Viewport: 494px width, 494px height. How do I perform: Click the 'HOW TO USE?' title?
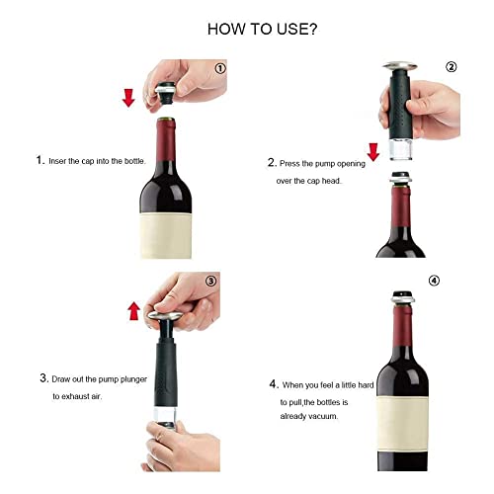[262, 29]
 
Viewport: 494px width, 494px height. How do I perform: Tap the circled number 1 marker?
[220, 68]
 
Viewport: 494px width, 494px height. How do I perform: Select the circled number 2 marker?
[452, 67]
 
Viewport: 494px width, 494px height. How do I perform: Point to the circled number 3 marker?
[211, 281]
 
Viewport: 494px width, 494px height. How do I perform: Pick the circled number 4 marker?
[434, 281]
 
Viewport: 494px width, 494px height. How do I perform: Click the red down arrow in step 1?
[128, 98]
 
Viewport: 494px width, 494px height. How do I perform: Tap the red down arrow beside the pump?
[373, 152]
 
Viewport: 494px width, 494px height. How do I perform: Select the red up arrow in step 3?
[133, 311]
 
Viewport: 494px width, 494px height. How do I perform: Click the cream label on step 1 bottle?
[166, 235]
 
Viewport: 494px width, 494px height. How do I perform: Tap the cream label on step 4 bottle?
[402, 423]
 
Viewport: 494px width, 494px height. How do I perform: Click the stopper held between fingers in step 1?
[167, 93]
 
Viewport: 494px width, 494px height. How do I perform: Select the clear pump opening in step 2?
[401, 149]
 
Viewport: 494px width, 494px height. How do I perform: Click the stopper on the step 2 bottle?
[399, 178]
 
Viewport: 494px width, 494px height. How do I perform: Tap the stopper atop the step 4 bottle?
[402, 297]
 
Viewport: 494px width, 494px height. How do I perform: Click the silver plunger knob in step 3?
[165, 316]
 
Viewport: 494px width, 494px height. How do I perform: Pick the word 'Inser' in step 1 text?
[57, 161]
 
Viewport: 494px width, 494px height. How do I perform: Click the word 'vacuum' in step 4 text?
[324, 416]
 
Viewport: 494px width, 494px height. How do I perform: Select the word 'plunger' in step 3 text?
[133, 379]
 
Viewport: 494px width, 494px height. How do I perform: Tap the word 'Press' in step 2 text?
[289, 164]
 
